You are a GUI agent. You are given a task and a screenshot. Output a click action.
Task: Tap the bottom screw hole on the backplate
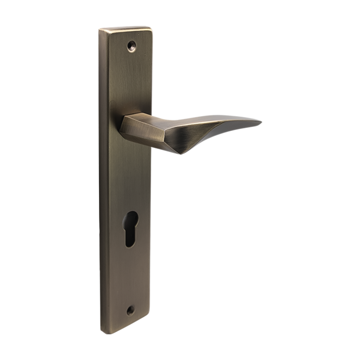[x=131, y=310]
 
